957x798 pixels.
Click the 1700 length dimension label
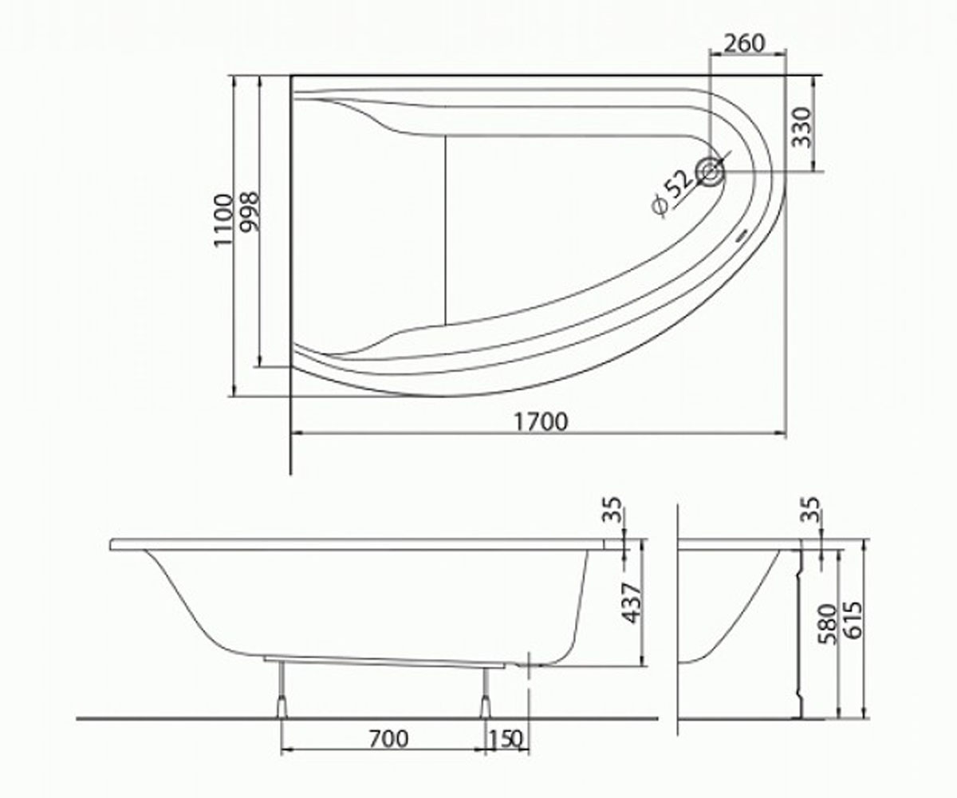pyautogui.click(x=541, y=421)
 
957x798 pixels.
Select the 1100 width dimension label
pyautogui.click(x=223, y=220)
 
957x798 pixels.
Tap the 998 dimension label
pyautogui.click(x=250, y=212)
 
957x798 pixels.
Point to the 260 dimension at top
pyautogui.click(x=745, y=44)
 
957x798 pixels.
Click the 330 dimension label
pyautogui.click(x=801, y=127)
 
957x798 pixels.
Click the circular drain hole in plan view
pyautogui.click(x=710, y=172)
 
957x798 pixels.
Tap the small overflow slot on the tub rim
pyautogui.click(x=741, y=238)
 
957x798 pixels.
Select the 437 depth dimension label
pyautogui.click(x=632, y=603)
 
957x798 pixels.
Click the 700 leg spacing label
pyautogui.click(x=388, y=739)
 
